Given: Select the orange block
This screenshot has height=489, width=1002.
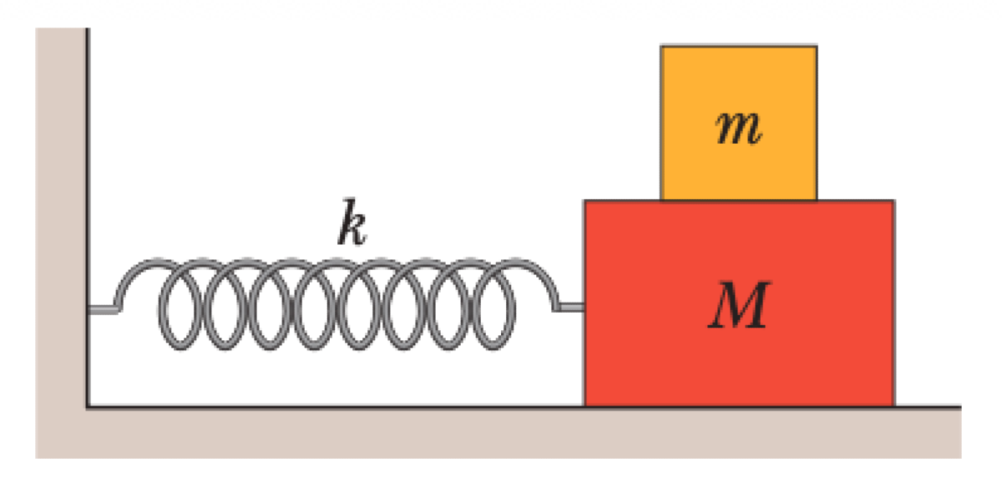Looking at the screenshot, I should pos(738,92).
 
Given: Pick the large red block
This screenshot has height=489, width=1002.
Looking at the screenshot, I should pos(738,359).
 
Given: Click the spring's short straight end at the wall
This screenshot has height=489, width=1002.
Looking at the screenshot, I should pos(102,309).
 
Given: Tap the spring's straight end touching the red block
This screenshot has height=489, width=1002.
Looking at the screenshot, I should pos(571,308).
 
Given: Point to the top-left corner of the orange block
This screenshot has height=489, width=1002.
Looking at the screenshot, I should pos(662,47).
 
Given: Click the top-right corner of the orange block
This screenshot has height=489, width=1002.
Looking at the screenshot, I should pos(816,47).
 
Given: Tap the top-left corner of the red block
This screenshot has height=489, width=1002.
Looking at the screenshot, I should pos(585,201).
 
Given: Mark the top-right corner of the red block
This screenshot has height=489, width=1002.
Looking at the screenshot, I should pos(893,201).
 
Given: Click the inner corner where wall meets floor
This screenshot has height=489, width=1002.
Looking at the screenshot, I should pos(87,408).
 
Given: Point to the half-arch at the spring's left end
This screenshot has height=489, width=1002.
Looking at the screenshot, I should pos(134,280).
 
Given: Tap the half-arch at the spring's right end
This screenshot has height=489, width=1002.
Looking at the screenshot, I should pos(539,280).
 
